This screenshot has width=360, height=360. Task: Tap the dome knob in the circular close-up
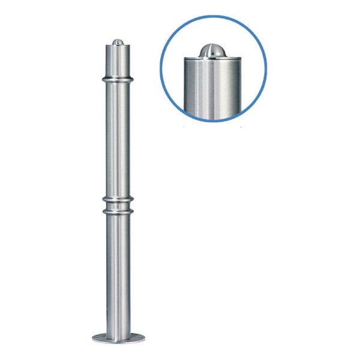(212, 50)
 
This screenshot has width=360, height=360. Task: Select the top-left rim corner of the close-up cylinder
(185, 59)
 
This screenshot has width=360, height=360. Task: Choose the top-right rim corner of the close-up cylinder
(240, 59)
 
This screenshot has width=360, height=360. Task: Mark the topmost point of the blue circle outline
(213, 16)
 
